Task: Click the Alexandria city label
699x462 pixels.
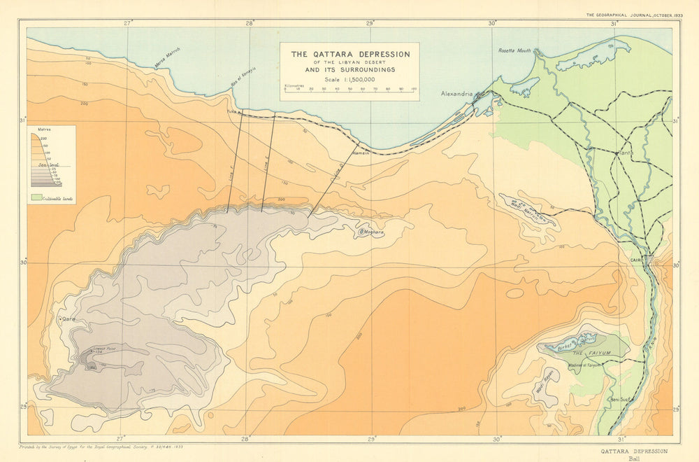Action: pyautogui.click(x=456, y=94)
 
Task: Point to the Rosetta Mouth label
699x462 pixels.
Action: pyautogui.click(x=514, y=51)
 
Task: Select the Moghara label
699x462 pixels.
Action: pyautogui.click(x=373, y=232)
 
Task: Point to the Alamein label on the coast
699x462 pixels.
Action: pyautogui.click(x=361, y=152)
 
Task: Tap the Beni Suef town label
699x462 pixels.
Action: pyautogui.click(x=621, y=400)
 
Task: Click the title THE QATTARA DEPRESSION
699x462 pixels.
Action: pyautogui.click(x=350, y=54)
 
